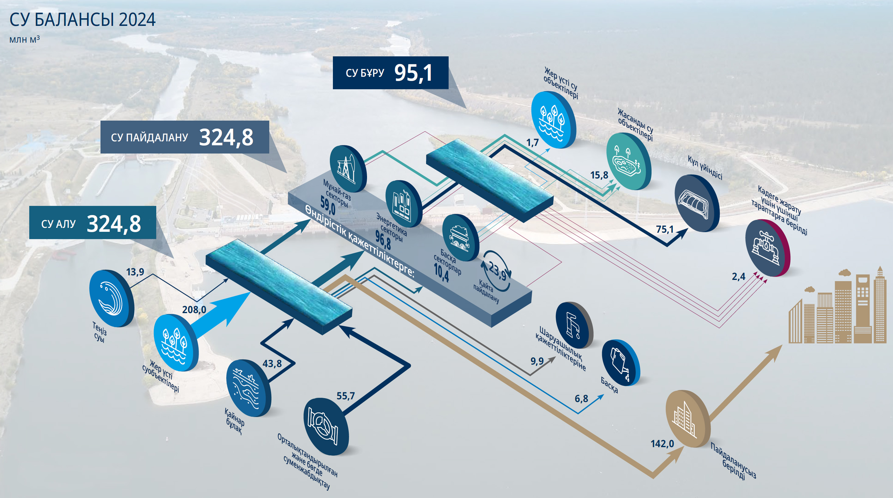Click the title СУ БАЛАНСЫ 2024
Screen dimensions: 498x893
(83, 20)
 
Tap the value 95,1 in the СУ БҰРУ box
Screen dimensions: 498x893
(413, 73)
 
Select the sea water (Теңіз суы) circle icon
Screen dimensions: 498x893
(110, 298)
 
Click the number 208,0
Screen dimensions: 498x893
(194, 309)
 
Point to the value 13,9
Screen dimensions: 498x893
(135, 272)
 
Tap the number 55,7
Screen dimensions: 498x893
(346, 396)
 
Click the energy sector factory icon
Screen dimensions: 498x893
(403, 203)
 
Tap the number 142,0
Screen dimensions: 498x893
(662, 443)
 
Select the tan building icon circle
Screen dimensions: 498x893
(687, 418)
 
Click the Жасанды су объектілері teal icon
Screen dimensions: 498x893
(628, 161)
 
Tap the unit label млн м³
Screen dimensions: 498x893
(25, 40)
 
